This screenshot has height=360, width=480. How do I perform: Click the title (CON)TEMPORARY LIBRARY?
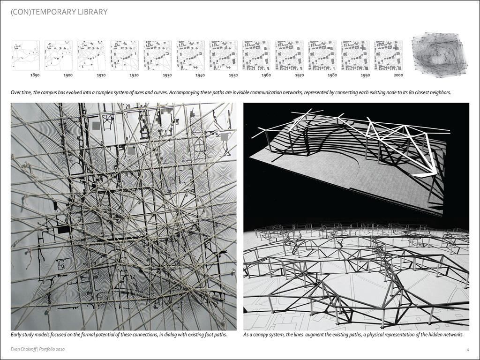[59, 12]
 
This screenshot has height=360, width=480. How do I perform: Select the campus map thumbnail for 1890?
[25, 55]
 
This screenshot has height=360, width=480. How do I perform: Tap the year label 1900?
[68, 75]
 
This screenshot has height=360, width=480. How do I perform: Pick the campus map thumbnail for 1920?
[124, 55]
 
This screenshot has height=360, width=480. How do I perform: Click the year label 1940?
[200, 75]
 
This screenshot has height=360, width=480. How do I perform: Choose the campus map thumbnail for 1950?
[223, 55]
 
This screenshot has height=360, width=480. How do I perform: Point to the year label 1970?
[299, 75]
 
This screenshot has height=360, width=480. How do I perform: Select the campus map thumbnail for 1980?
[322, 55]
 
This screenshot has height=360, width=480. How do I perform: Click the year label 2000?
[398, 75]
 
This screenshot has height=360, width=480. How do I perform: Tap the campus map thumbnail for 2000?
[388, 55]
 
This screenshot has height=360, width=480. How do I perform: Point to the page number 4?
[468, 349]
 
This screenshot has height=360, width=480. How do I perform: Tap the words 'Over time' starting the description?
[20, 92]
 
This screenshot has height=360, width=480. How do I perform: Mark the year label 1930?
[167, 75]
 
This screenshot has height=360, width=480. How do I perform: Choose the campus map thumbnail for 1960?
[256, 55]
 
